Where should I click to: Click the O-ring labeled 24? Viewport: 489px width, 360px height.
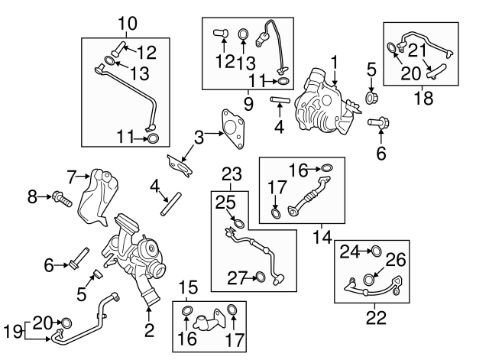point(375,250)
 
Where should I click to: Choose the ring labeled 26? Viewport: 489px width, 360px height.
point(370,280)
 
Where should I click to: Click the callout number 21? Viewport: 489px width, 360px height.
point(416,50)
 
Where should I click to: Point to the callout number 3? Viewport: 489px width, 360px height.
point(199,138)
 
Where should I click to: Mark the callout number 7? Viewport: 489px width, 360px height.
point(73,177)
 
